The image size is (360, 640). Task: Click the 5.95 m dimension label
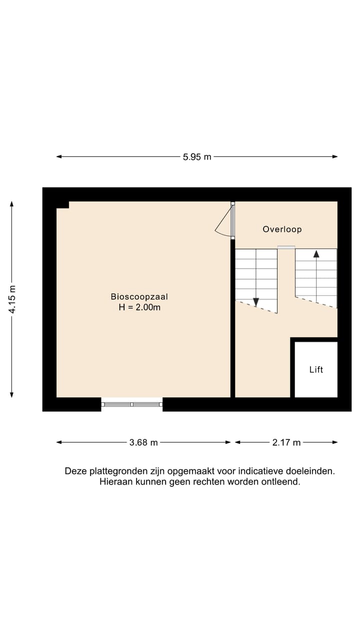point(197,156)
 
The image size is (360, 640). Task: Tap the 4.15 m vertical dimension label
point(11,299)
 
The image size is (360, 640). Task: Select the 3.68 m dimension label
point(143,442)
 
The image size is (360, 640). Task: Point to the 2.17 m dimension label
point(286,442)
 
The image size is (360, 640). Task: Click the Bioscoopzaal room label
point(139,296)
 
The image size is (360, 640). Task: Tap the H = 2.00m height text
point(139,307)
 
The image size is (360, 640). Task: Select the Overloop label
point(282,229)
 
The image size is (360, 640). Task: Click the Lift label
point(316,369)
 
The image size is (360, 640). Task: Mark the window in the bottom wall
point(132,404)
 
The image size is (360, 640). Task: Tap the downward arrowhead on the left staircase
point(256,302)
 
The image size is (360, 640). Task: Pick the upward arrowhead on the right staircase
point(316,253)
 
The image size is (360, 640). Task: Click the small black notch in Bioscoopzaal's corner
point(62,204)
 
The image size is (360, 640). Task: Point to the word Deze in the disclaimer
point(75,471)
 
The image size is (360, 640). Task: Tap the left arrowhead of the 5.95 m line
point(59,156)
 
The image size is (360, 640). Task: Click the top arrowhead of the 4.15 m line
point(11,204)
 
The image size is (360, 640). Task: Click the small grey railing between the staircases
point(286,246)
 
